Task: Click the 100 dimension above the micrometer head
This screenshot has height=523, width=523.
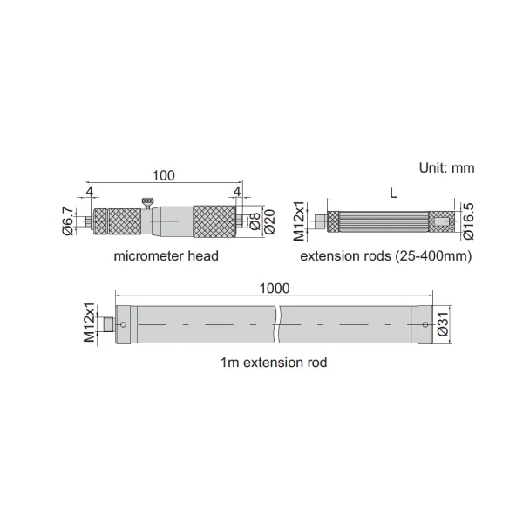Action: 164,175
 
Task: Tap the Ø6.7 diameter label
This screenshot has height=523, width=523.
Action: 68,221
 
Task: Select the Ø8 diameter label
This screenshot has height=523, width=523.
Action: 255,221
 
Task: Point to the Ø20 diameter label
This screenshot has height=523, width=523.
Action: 269,221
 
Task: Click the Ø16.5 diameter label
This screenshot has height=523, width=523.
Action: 468,221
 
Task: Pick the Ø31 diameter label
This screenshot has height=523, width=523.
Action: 443,324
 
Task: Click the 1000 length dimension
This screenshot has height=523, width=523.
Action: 275,289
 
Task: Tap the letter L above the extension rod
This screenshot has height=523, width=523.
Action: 394,193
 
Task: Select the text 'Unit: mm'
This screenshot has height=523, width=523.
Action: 446,167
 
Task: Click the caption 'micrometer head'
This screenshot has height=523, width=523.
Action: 166,255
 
